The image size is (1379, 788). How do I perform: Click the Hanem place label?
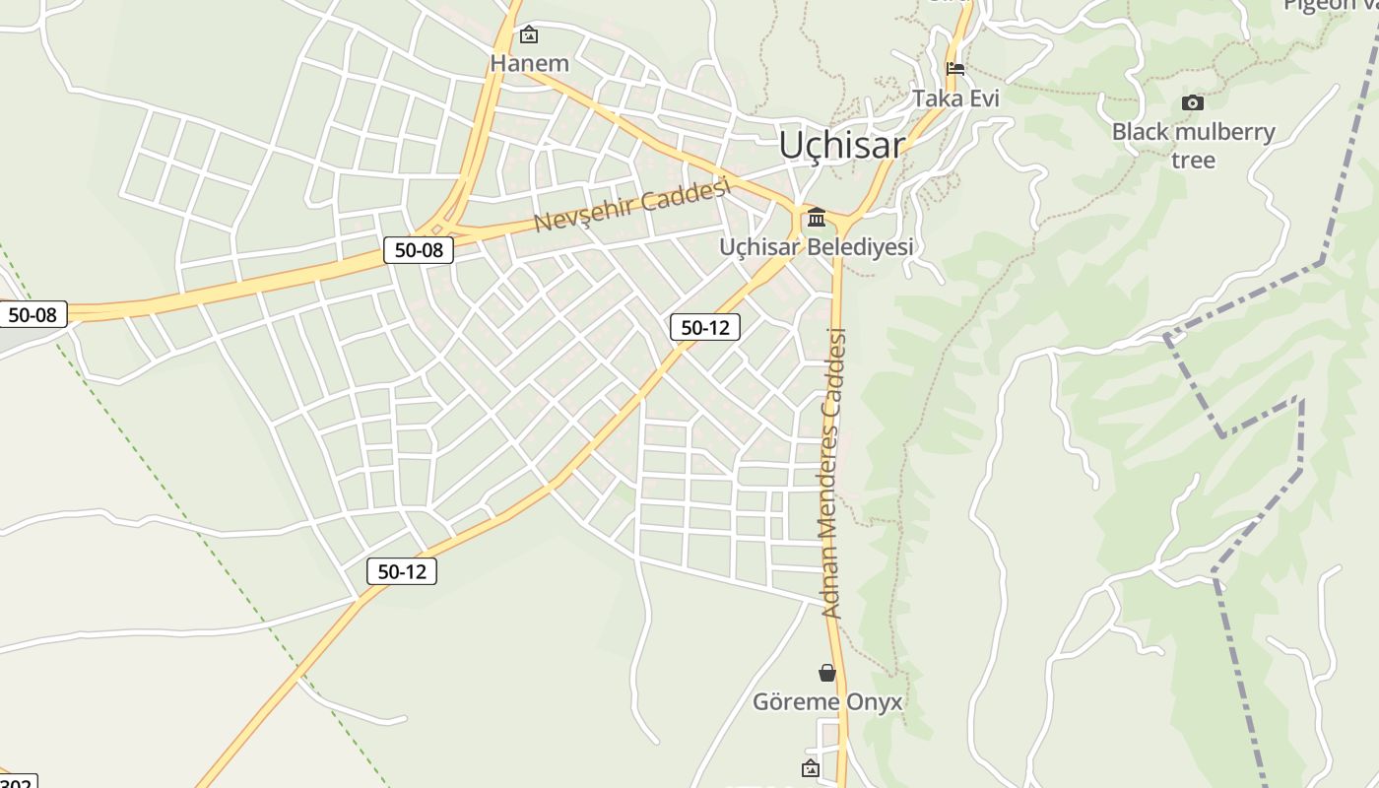530,64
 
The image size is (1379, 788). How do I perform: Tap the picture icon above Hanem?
529,35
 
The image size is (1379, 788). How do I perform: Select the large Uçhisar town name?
841,145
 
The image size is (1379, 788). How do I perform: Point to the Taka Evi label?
955,98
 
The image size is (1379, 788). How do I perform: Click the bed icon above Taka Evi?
955,69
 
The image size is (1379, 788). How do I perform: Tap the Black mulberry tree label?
1193,145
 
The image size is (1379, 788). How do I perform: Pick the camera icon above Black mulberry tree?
1193,102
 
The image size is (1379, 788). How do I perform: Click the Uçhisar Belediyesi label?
817,247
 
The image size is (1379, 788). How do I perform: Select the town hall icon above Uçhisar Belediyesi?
817,217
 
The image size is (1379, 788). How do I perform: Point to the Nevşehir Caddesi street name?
631,205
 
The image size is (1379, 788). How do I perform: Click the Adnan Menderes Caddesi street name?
834,473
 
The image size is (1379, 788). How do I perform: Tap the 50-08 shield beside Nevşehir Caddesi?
419,250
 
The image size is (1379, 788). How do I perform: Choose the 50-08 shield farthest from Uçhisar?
33,315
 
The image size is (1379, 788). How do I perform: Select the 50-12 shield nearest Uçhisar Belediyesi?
705,327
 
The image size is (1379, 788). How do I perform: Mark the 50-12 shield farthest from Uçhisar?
402,570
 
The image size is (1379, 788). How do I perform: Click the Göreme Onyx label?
827,702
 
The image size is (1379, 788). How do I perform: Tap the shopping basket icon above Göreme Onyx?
827,673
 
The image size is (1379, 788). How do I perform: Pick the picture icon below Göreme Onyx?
811,768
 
